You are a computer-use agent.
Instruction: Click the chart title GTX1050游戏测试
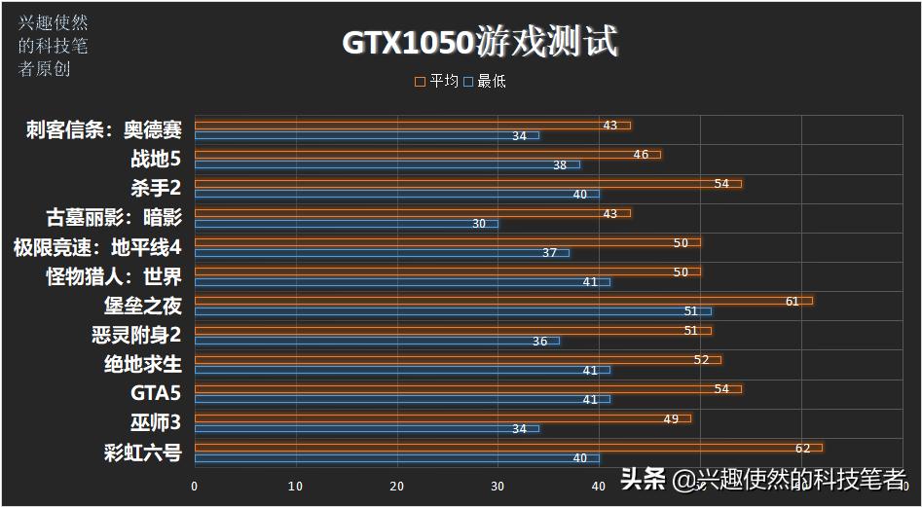pyautogui.click(x=479, y=43)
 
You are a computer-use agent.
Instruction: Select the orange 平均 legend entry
pyautogui.click(x=437, y=82)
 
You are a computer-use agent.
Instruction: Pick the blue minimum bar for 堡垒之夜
pyautogui.click(x=453, y=311)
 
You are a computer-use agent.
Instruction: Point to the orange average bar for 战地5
pyautogui.click(x=427, y=154)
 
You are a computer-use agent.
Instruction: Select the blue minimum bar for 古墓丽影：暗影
pyautogui.click(x=346, y=224)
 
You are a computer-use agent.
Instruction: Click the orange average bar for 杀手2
pyautogui.click(x=467, y=183)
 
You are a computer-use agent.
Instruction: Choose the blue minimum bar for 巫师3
pyautogui.click(x=366, y=428)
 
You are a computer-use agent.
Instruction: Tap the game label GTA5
pyautogui.click(x=156, y=393)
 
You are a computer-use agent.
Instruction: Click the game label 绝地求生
pyautogui.click(x=142, y=364)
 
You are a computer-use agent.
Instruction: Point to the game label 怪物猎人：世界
pyautogui.click(x=113, y=276)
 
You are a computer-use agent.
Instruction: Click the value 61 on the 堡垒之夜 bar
pyautogui.click(x=792, y=302)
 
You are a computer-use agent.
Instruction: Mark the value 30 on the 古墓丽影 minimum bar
pyautogui.click(x=479, y=224)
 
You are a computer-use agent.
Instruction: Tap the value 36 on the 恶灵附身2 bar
pyautogui.click(x=539, y=342)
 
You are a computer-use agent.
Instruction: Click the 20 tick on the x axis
pyautogui.click(x=396, y=486)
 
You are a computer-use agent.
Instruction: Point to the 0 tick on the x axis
pyautogui.click(x=195, y=486)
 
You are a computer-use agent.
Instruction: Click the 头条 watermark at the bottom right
pyautogui.click(x=643, y=478)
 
